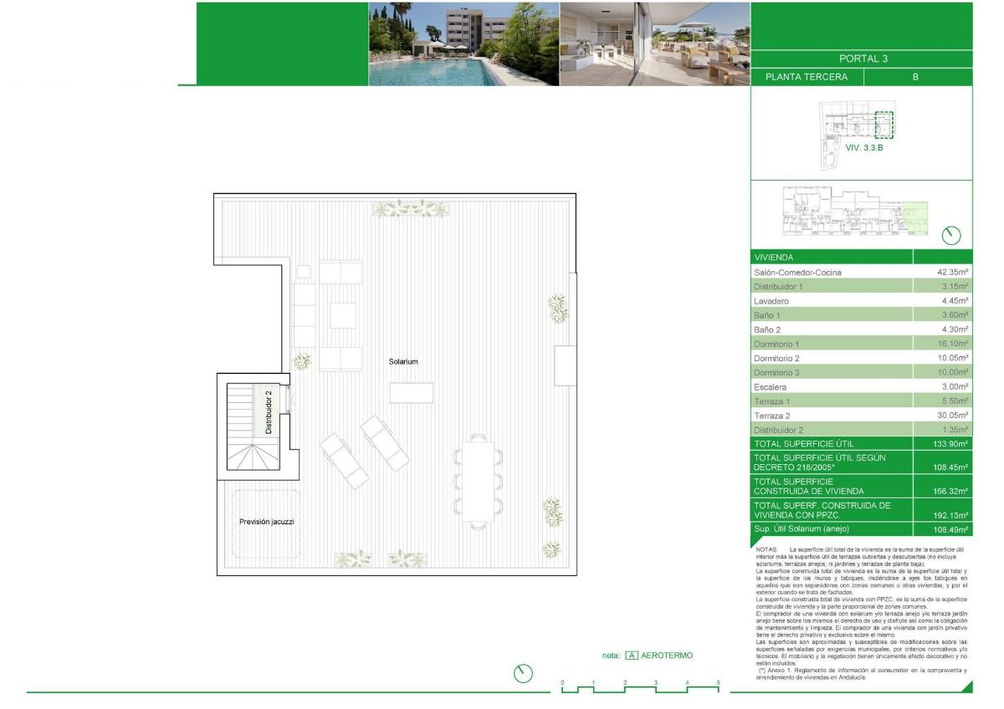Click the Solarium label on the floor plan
tap(403, 361)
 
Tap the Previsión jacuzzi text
tap(266, 522)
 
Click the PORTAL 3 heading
tap(862, 59)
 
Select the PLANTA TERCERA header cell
tap(806, 77)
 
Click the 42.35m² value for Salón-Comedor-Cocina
tap(952, 272)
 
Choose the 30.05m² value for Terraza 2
tap(952, 415)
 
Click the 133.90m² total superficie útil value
tap(951, 443)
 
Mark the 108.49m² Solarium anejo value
tap(951, 530)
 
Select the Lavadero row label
tap(771, 300)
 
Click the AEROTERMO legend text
tap(667, 655)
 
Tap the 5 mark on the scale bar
tap(718, 683)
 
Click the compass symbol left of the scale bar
tap(523, 673)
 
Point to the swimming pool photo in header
tap(464, 43)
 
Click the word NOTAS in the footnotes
tap(768, 549)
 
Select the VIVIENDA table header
tap(774, 258)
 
